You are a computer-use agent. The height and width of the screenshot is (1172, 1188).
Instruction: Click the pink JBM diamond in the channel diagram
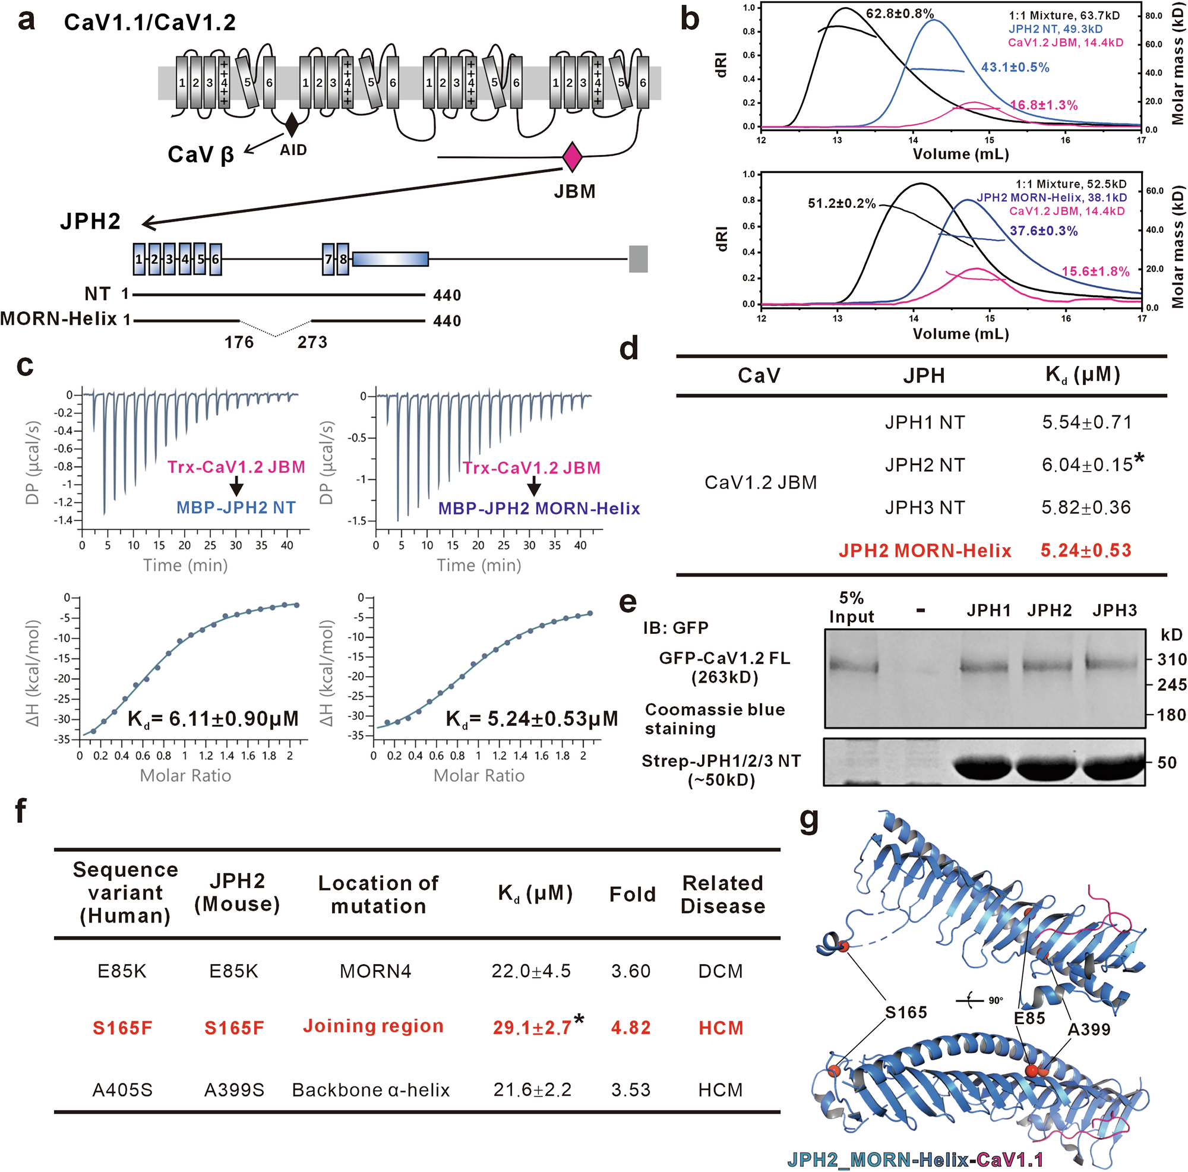tap(572, 156)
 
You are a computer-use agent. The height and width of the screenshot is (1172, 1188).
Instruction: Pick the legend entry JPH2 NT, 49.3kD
tap(1055, 29)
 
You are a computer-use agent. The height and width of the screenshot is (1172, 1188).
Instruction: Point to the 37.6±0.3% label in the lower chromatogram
tap(1043, 231)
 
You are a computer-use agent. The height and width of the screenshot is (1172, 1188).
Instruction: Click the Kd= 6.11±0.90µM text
tap(213, 718)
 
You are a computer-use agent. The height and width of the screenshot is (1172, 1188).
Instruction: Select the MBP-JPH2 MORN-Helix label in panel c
tap(539, 508)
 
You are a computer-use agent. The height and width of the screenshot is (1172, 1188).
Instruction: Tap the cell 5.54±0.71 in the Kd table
tap(1086, 422)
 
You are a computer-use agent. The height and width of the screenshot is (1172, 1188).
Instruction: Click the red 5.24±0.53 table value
tap(1085, 550)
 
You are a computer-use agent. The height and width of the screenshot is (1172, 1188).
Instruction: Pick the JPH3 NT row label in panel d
tap(924, 508)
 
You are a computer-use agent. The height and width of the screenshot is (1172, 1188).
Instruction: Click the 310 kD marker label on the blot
tap(1171, 660)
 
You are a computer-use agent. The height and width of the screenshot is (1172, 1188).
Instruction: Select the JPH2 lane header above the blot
tap(1048, 611)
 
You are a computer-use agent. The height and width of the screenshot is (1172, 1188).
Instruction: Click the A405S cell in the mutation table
tap(122, 1090)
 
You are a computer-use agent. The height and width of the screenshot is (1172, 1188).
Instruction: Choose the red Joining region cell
tap(372, 1026)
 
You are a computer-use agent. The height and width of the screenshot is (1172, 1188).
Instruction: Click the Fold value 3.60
tap(630, 971)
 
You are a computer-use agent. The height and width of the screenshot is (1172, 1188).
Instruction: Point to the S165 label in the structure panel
tap(905, 1012)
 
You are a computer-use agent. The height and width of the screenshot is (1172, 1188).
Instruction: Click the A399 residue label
tap(1088, 1029)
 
